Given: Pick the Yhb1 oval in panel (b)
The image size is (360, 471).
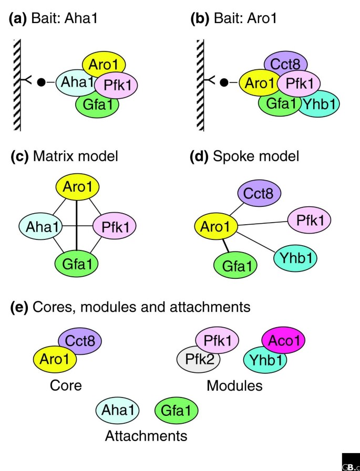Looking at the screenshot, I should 320,104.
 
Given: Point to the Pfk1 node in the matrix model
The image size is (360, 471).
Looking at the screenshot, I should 115,226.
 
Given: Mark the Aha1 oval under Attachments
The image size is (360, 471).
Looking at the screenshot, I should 117,410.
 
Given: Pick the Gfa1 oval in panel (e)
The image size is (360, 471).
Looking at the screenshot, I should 177,410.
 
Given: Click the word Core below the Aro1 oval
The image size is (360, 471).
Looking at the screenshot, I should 66,385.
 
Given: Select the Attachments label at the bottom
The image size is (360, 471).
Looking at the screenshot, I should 146,435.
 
